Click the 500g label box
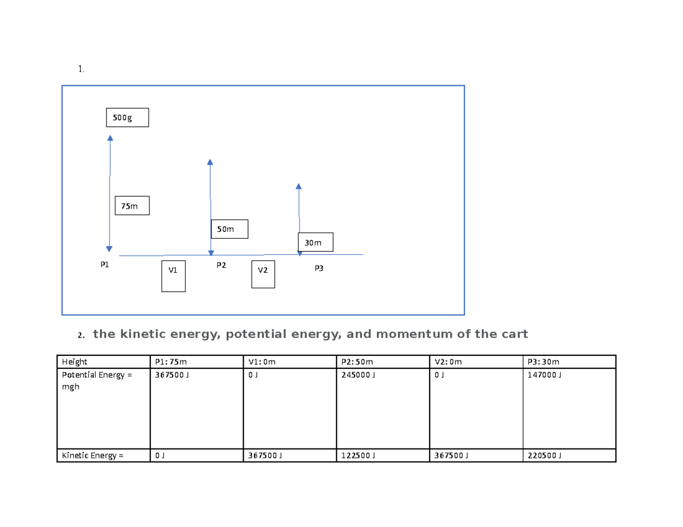click(x=127, y=118)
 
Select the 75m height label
click(x=132, y=206)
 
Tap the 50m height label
click(x=229, y=229)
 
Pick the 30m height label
click(x=315, y=242)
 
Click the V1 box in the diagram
click(x=173, y=276)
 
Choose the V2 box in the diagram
click(x=263, y=274)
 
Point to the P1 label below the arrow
click(x=104, y=264)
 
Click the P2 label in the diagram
click(x=221, y=265)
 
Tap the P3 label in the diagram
click(x=319, y=268)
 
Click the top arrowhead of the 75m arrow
click(x=109, y=137)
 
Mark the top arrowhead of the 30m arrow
click(x=299, y=186)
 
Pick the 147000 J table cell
click(x=545, y=376)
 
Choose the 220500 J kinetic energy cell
click(x=545, y=455)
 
